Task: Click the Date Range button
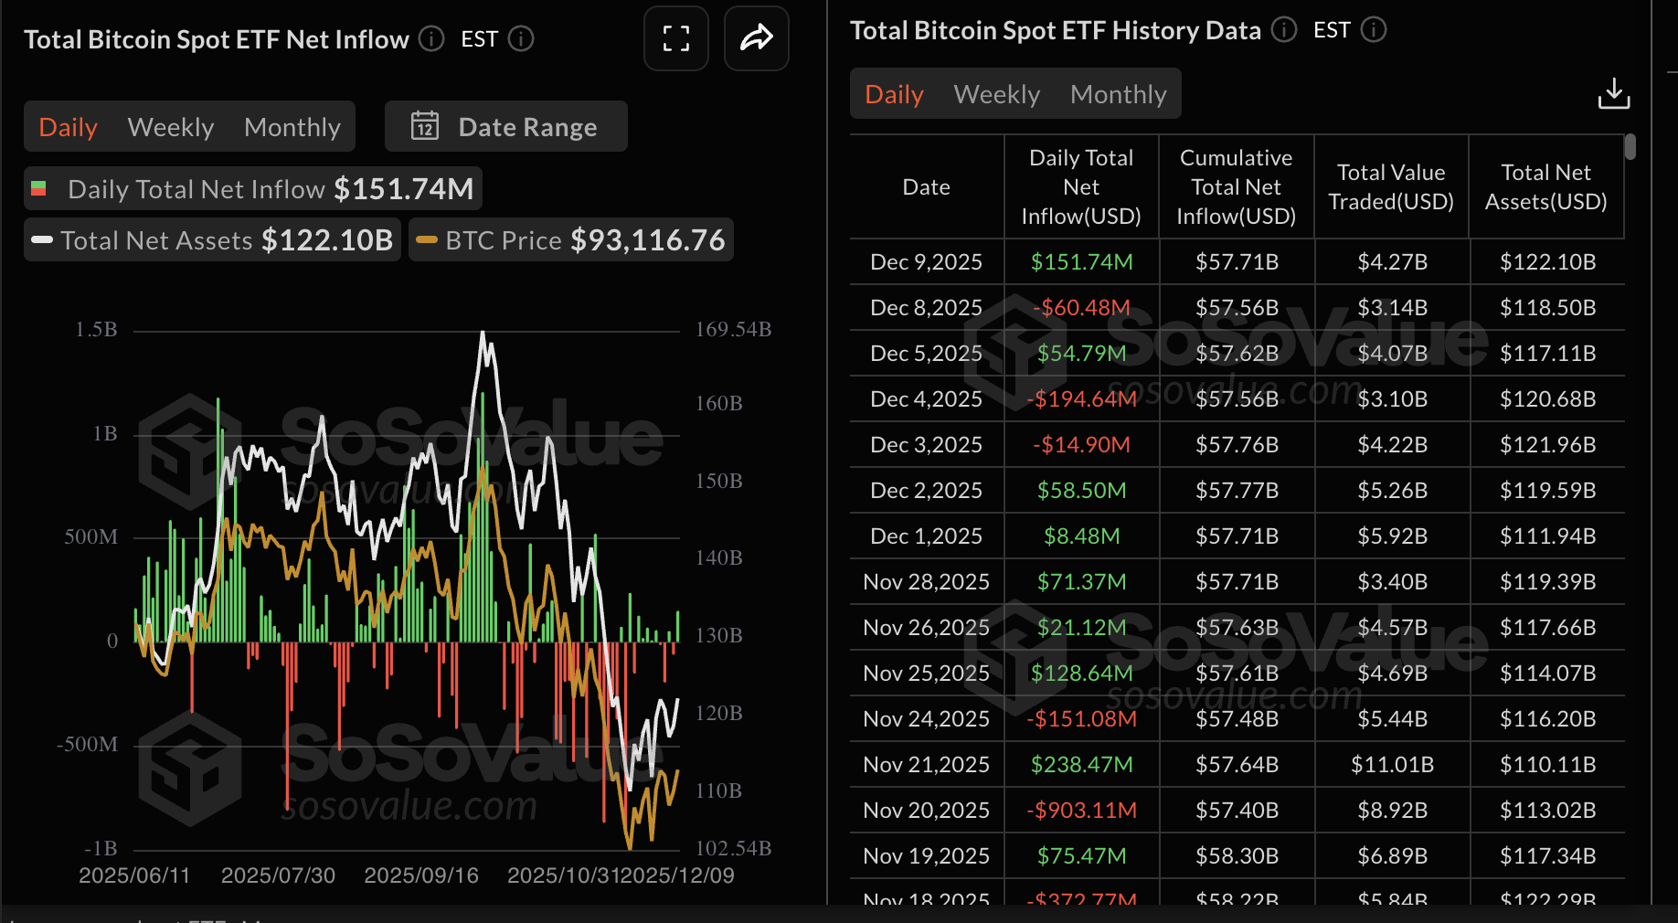click(x=505, y=127)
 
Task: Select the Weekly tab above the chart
click(x=171, y=127)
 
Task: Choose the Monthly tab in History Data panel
click(x=1118, y=94)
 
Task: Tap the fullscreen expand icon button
click(x=675, y=38)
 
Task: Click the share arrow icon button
click(x=756, y=38)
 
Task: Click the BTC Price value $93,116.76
click(x=647, y=240)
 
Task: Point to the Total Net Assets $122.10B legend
click(x=212, y=240)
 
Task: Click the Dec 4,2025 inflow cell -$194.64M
click(x=1081, y=399)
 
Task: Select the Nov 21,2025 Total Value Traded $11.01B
click(x=1391, y=765)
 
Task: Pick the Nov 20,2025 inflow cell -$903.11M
click(x=1081, y=811)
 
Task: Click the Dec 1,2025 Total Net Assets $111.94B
click(x=1546, y=536)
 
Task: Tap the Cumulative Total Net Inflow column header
click(x=1236, y=187)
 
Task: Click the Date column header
click(x=926, y=187)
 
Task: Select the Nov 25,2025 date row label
click(x=926, y=674)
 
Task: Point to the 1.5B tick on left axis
click(x=96, y=330)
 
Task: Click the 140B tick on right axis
click(x=718, y=557)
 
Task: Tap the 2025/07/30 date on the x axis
click(x=278, y=875)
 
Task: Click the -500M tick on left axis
click(x=88, y=745)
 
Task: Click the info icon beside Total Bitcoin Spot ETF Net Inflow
click(x=431, y=39)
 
